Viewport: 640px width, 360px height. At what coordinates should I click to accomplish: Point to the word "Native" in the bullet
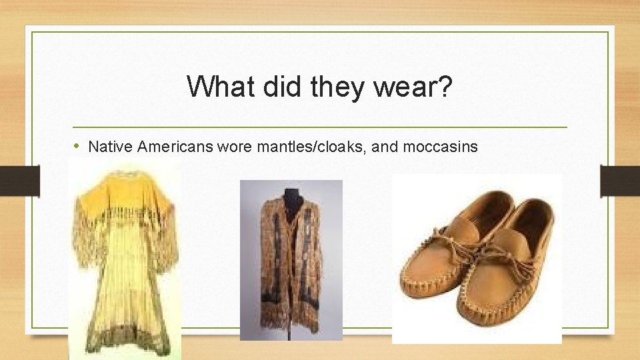pos(110,146)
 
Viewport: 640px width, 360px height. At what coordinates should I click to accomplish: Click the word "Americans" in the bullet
pos(174,146)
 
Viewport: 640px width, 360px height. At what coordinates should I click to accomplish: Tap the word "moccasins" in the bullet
pos(443,146)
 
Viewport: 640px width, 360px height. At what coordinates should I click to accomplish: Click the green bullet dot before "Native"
pos(78,146)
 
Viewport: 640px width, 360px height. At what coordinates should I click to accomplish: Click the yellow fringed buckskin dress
pos(125,267)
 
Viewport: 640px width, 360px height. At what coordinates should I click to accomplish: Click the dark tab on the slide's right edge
pos(620,180)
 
